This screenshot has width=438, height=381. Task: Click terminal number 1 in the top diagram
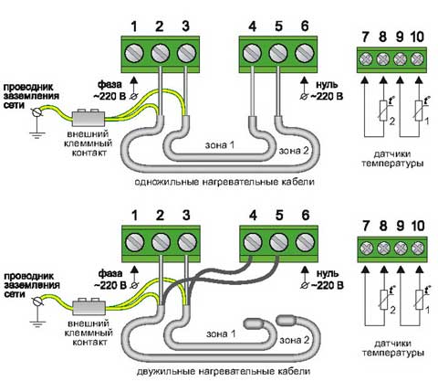click(x=134, y=26)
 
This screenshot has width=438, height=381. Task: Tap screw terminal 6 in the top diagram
click(x=305, y=54)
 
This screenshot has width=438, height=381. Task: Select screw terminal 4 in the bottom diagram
click(x=253, y=243)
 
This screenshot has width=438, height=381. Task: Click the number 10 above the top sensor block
click(x=417, y=37)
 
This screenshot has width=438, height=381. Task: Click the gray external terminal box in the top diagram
click(x=89, y=118)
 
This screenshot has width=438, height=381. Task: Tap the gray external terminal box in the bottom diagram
click(x=89, y=307)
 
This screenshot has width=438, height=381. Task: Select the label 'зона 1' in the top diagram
click(x=220, y=145)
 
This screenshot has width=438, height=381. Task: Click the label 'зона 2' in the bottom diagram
click(x=294, y=340)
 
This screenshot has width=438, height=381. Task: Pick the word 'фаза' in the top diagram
click(x=109, y=84)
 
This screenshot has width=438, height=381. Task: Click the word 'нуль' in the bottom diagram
click(x=327, y=273)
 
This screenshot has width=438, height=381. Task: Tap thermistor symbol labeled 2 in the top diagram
click(x=383, y=111)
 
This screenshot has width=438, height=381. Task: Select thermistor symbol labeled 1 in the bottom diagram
click(x=419, y=300)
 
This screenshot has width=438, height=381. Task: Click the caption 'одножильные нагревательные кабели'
click(x=224, y=182)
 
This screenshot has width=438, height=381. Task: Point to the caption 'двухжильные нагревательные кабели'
click(x=224, y=372)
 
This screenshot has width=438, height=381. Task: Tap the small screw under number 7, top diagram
click(x=366, y=58)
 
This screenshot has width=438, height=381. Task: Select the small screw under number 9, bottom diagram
click(x=401, y=249)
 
